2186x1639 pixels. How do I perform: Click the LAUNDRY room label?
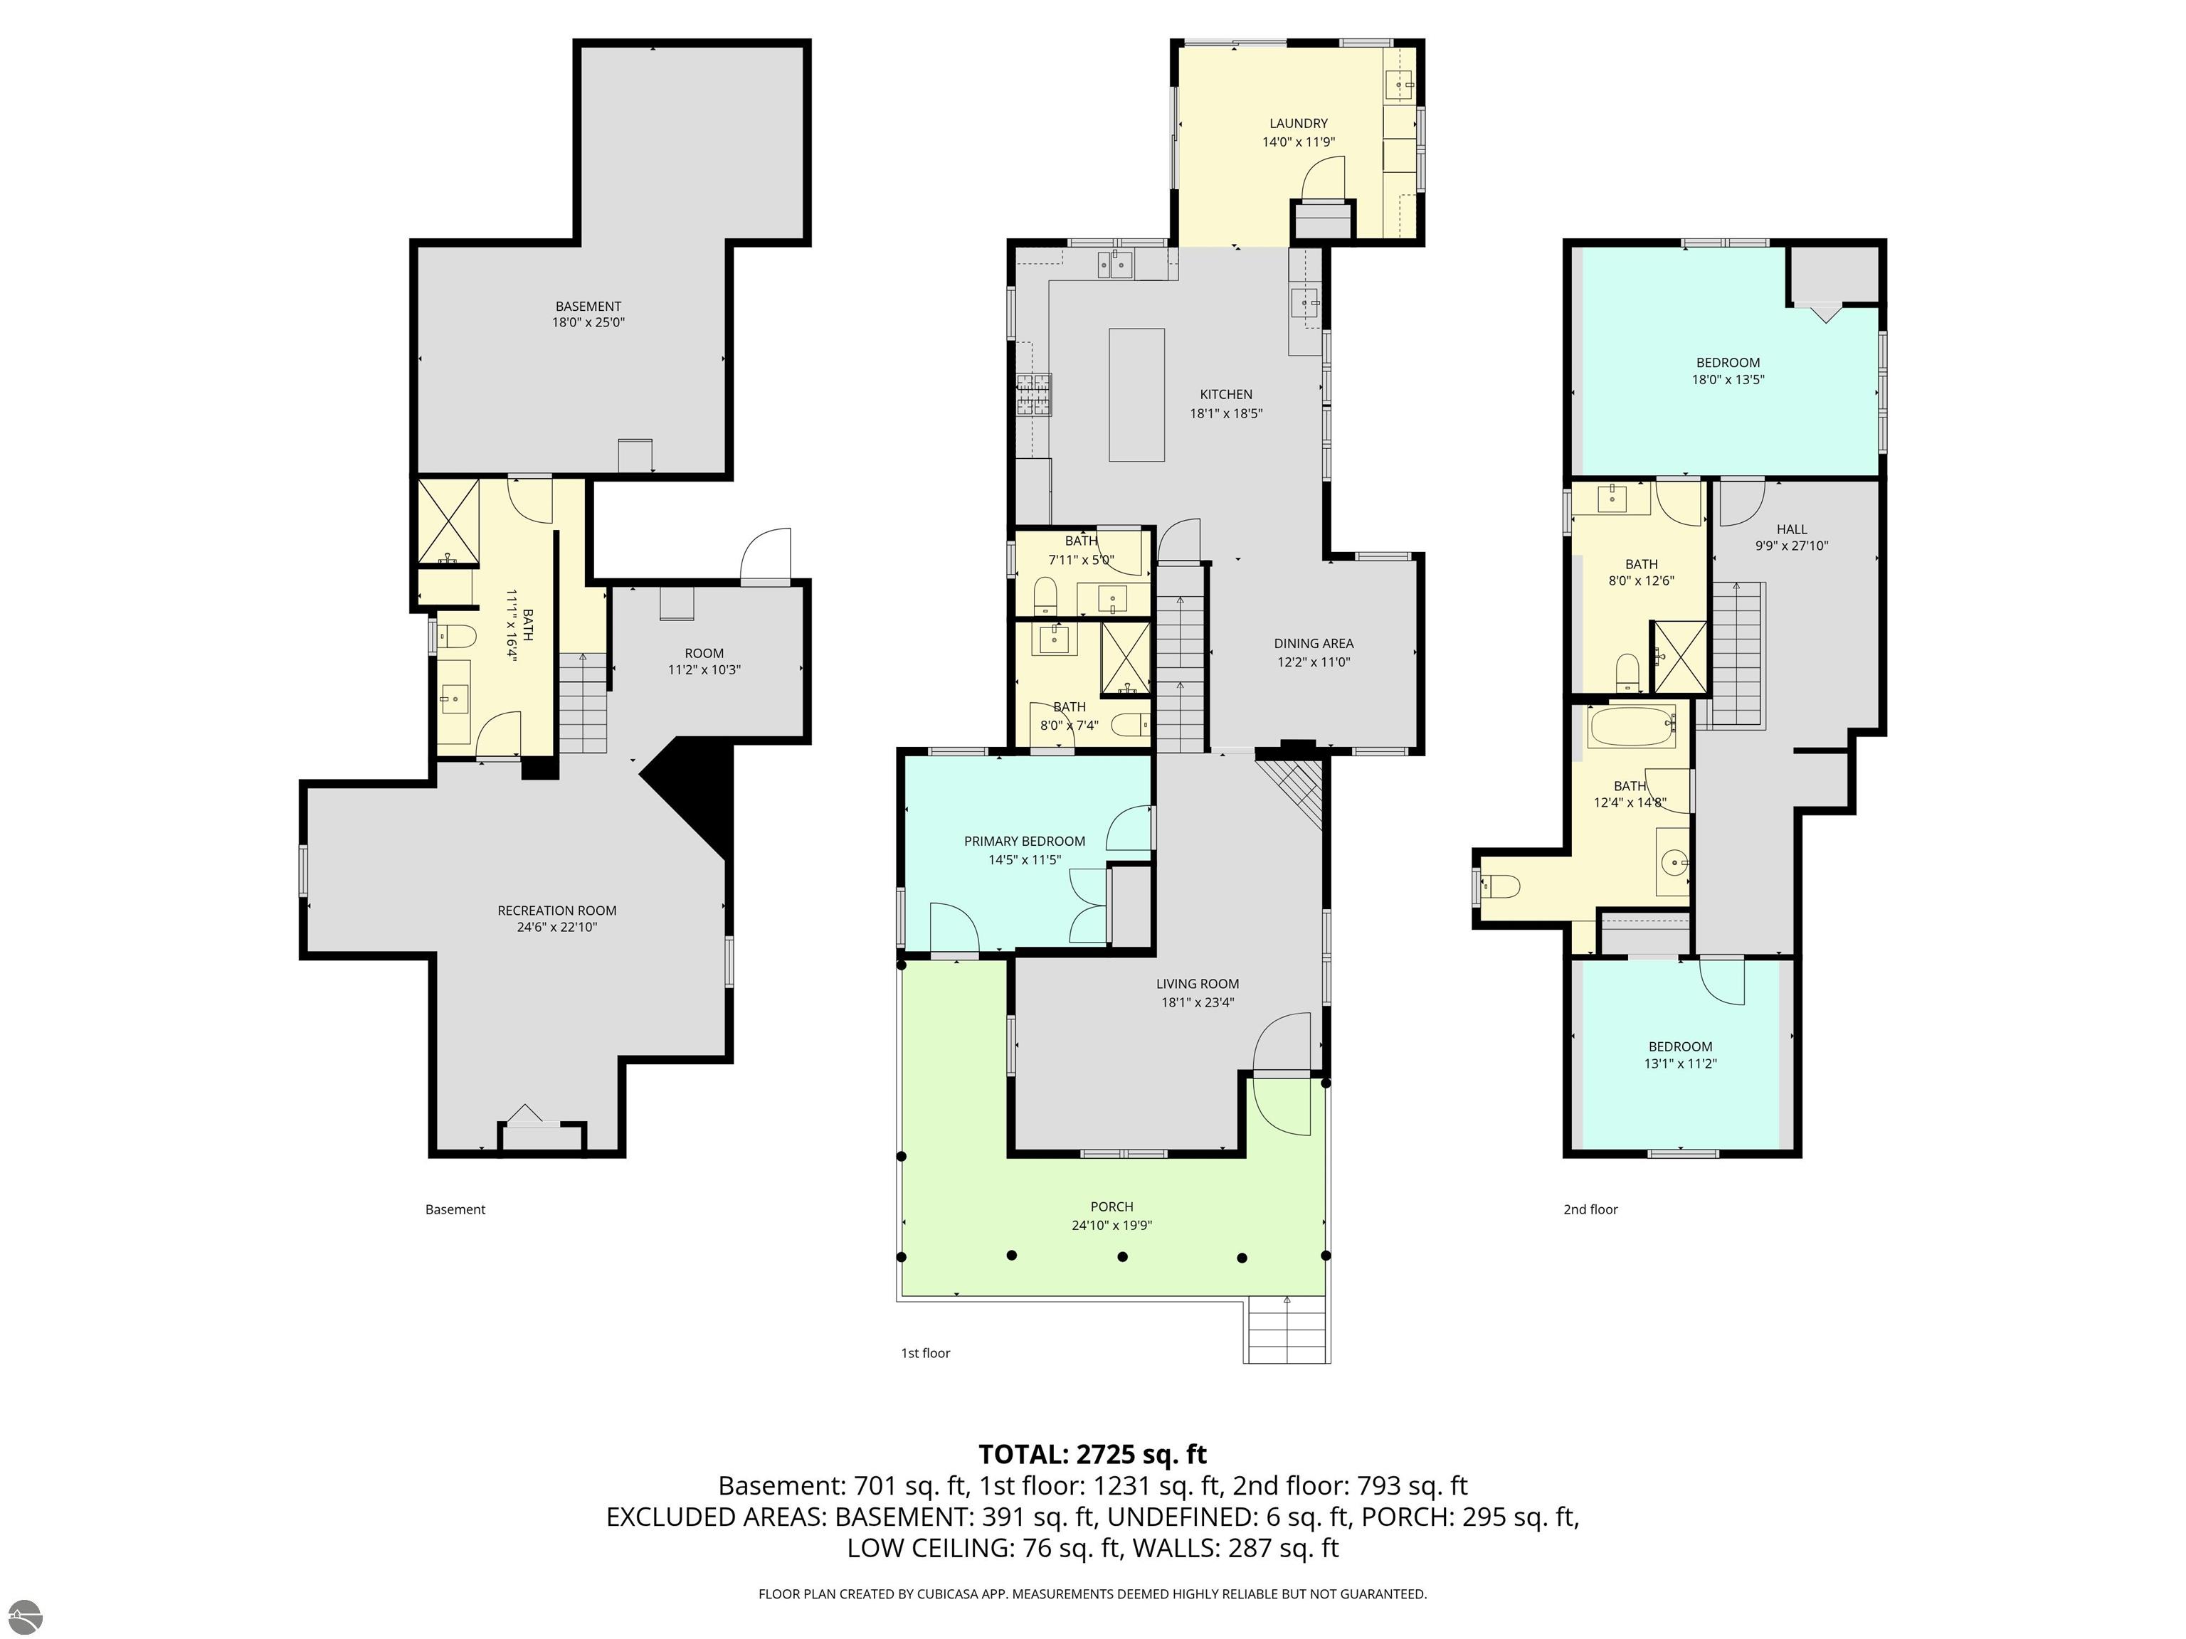point(1297,124)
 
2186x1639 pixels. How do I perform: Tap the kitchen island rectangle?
point(1136,396)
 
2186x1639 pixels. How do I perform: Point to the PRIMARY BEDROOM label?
point(1024,841)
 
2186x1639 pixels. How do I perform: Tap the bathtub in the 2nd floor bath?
point(1632,727)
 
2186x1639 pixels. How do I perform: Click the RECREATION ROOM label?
point(556,910)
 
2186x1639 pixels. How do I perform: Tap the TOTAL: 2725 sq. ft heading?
point(1092,1454)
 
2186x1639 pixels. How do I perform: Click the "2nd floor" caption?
point(1590,1209)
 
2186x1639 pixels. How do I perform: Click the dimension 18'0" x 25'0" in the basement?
point(588,322)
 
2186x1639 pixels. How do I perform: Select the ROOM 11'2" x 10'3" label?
point(704,661)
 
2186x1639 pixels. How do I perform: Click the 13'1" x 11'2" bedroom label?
point(1680,1055)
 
